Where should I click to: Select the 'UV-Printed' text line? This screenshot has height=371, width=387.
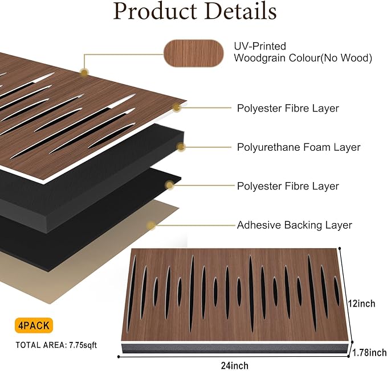pyautogui.click(x=260, y=46)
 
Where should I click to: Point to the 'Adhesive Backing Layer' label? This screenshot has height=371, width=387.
pyautogui.click(x=294, y=225)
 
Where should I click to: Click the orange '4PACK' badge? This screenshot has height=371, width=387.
pyautogui.click(x=34, y=326)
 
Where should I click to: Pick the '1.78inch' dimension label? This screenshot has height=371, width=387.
pyautogui.click(x=369, y=353)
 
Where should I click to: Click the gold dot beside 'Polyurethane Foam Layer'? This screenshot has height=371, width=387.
pyautogui.click(x=181, y=147)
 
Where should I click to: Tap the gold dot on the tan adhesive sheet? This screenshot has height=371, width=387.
pyautogui.click(x=151, y=225)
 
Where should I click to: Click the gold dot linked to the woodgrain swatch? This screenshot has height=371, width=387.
pyautogui.click(x=84, y=72)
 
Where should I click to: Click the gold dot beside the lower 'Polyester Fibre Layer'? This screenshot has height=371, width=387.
pyautogui.click(x=169, y=185)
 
